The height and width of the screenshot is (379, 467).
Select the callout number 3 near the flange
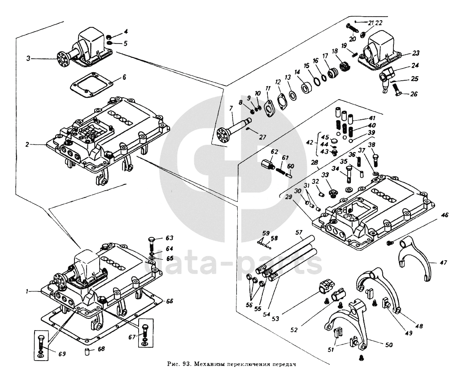point(28,58)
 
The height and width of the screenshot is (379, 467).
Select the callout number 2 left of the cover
point(27,145)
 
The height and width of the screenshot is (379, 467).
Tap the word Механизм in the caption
point(214,364)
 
